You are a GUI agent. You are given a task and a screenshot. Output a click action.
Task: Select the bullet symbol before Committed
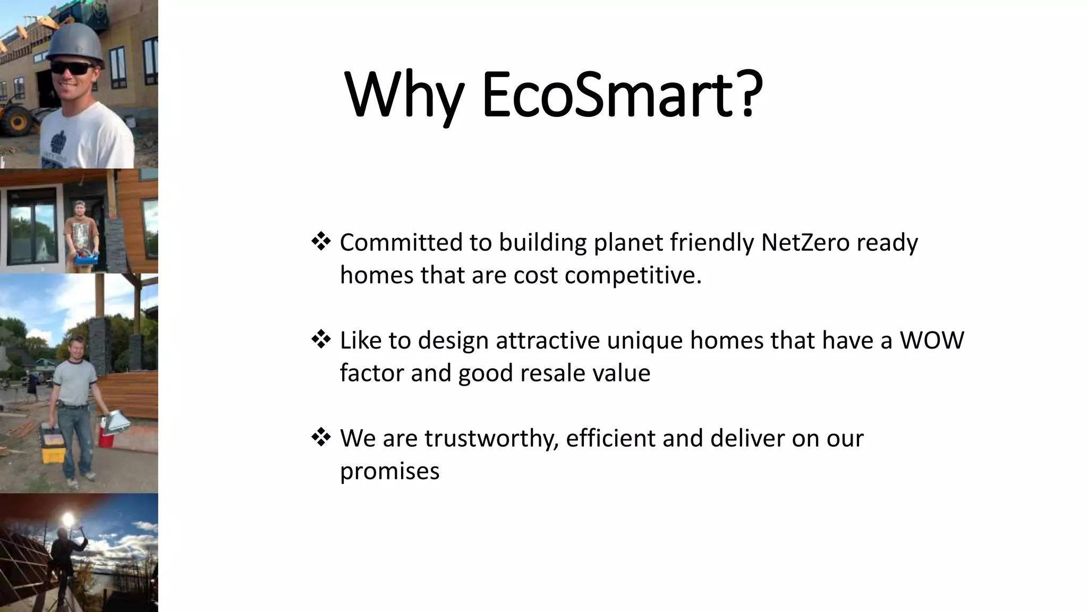click(321, 242)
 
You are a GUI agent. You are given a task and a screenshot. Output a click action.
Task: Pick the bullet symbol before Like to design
click(321, 339)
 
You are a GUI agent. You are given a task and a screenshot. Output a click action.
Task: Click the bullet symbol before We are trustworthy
click(321, 438)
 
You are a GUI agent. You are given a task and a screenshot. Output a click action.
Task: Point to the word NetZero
click(805, 242)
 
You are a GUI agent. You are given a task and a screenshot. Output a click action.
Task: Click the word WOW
click(931, 340)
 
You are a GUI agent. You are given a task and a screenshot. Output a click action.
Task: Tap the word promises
click(389, 471)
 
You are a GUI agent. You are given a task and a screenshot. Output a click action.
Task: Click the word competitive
click(632, 275)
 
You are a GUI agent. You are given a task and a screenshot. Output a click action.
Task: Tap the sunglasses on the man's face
click(72, 69)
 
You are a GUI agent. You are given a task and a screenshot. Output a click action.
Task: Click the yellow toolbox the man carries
click(53, 443)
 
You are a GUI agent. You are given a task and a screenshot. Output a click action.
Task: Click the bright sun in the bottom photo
click(67, 518)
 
